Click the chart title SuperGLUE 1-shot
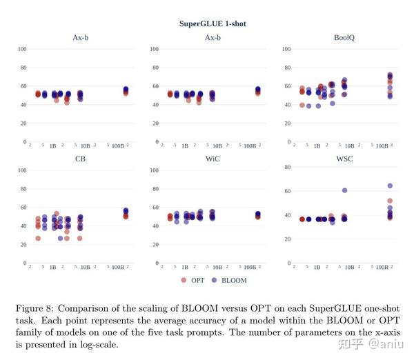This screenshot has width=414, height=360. [212, 24]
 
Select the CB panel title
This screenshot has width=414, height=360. [80, 159]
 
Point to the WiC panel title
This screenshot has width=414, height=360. [212, 159]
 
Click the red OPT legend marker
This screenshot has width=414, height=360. [184, 280]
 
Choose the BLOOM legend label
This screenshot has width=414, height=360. [234, 281]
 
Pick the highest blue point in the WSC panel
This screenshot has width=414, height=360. [390, 186]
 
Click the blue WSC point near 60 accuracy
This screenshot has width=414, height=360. [344, 190]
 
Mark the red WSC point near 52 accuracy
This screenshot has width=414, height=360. [390, 201]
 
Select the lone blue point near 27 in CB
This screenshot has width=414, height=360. [61, 239]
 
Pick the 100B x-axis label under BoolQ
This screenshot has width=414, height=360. [380, 146]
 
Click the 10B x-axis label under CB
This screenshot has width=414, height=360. [86, 267]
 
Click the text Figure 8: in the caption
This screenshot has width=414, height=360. [35, 307]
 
